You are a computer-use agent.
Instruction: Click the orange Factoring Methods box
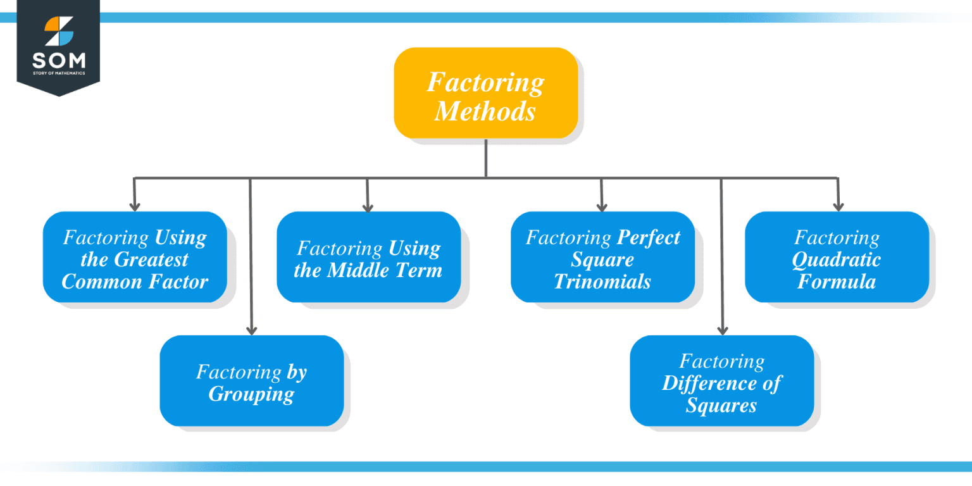click(485, 93)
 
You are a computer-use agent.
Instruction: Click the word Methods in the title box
click(485, 111)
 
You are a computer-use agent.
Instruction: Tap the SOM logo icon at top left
click(58, 31)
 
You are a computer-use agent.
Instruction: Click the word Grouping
click(251, 394)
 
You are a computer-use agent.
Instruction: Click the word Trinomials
click(602, 281)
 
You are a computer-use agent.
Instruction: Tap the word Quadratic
click(836, 259)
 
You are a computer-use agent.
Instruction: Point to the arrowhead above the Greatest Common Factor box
click(135, 206)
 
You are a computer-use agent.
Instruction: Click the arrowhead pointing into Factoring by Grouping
click(251, 330)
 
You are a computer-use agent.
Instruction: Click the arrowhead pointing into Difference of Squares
click(722, 330)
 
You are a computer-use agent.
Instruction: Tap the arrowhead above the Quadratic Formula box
click(838, 206)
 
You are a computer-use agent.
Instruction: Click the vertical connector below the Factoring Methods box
click(485, 158)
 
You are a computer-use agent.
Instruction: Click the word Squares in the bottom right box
click(721, 405)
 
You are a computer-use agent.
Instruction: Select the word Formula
click(836, 281)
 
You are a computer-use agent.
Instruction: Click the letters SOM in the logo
click(58, 61)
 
